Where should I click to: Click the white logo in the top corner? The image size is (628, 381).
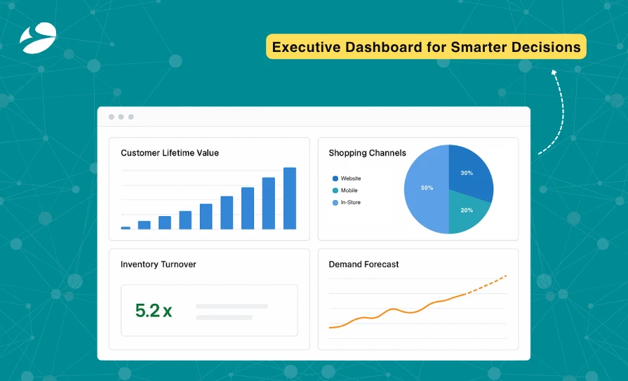[x=38, y=38]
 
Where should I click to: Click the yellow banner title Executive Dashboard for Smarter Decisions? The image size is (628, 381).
[x=426, y=48]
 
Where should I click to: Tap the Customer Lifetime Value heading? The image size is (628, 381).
[x=170, y=153]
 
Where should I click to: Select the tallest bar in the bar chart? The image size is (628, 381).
[x=289, y=198]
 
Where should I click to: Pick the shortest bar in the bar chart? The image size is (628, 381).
[x=126, y=227]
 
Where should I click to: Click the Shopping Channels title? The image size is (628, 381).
[x=367, y=153]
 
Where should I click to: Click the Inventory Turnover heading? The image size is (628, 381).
[x=158, y=265]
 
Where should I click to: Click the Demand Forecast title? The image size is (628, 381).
[x=363, y=265]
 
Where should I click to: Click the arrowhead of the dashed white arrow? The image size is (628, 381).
[x=553, y=71]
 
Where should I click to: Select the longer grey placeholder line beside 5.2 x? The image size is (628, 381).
[x=232, y=307]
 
